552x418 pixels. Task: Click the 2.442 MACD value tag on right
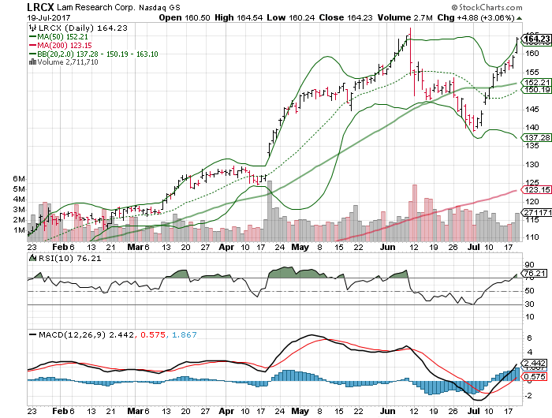[534, 362]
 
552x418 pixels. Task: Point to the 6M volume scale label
[17, 179]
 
